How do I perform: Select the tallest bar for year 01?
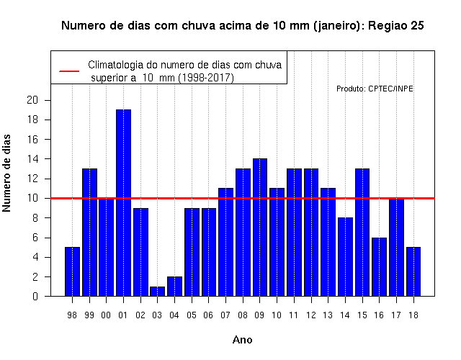coord(123,203)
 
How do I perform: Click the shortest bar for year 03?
coord(157,291)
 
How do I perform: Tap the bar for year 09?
coord(260,228)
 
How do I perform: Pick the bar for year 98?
coord(72,271)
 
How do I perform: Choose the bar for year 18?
coord(413,271)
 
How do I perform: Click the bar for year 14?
coord(345,257)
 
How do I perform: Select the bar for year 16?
coord(380,267)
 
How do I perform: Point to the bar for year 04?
coord(174,287)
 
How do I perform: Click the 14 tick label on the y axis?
coord(32,159)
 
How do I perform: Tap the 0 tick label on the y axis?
coord(35,297)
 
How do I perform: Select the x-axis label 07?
coord(225,315)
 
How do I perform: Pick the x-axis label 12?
coord(310,315)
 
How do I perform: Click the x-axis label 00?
coord(106,315)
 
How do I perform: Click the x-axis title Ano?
coord(242,340)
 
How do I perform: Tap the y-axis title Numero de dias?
coord(6,173)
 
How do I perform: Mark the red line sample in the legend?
coord(69,71)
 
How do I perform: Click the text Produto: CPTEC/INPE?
coord(375,89)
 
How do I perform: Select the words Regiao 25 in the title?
coord(395,26)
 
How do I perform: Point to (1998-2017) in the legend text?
coord(206,78)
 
